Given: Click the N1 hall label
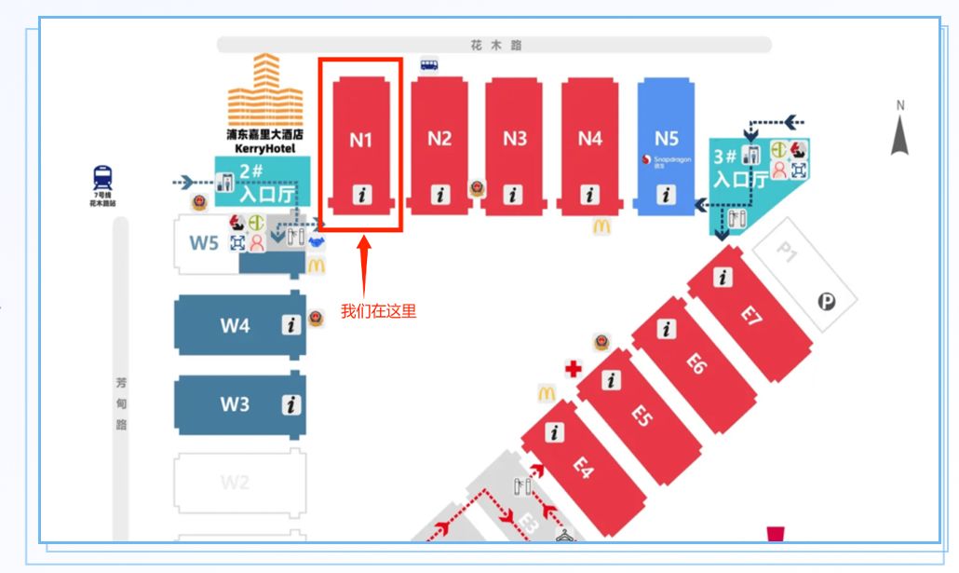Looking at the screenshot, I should (x=361, y=140).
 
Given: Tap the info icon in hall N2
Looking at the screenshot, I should (x=439, y=196).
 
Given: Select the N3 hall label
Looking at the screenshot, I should (x=515, y=139).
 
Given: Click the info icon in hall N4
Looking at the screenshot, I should (x=590, y=196).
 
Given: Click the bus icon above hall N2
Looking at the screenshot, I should (x=428, y=64).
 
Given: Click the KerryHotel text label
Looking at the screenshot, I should (x=265, y=148).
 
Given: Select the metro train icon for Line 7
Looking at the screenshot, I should (x=101, y=177).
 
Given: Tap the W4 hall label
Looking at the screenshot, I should (x=235, y=326).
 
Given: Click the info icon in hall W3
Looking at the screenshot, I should (x=292, y=404).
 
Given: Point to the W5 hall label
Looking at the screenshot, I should (x=204, y=243).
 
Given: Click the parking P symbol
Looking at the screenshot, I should (x=825, y=301).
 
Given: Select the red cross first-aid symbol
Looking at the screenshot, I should (x=574, y=369).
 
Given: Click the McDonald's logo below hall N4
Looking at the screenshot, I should (x=601, y=225).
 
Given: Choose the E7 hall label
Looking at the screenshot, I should (x=751, y=315).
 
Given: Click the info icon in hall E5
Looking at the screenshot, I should (x=612, y=380).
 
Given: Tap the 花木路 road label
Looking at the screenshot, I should (x=494, y=45).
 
